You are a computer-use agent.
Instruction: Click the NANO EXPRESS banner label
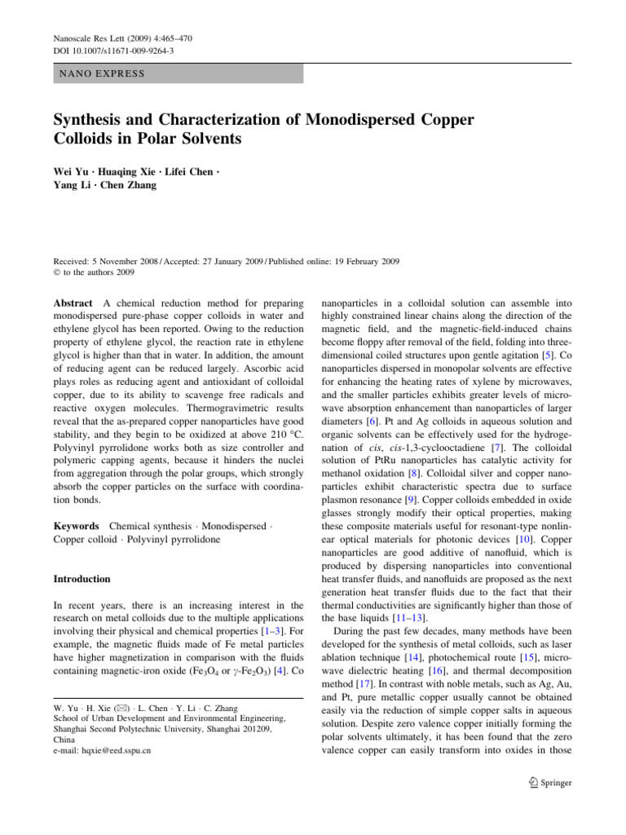(x=99, y=74)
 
